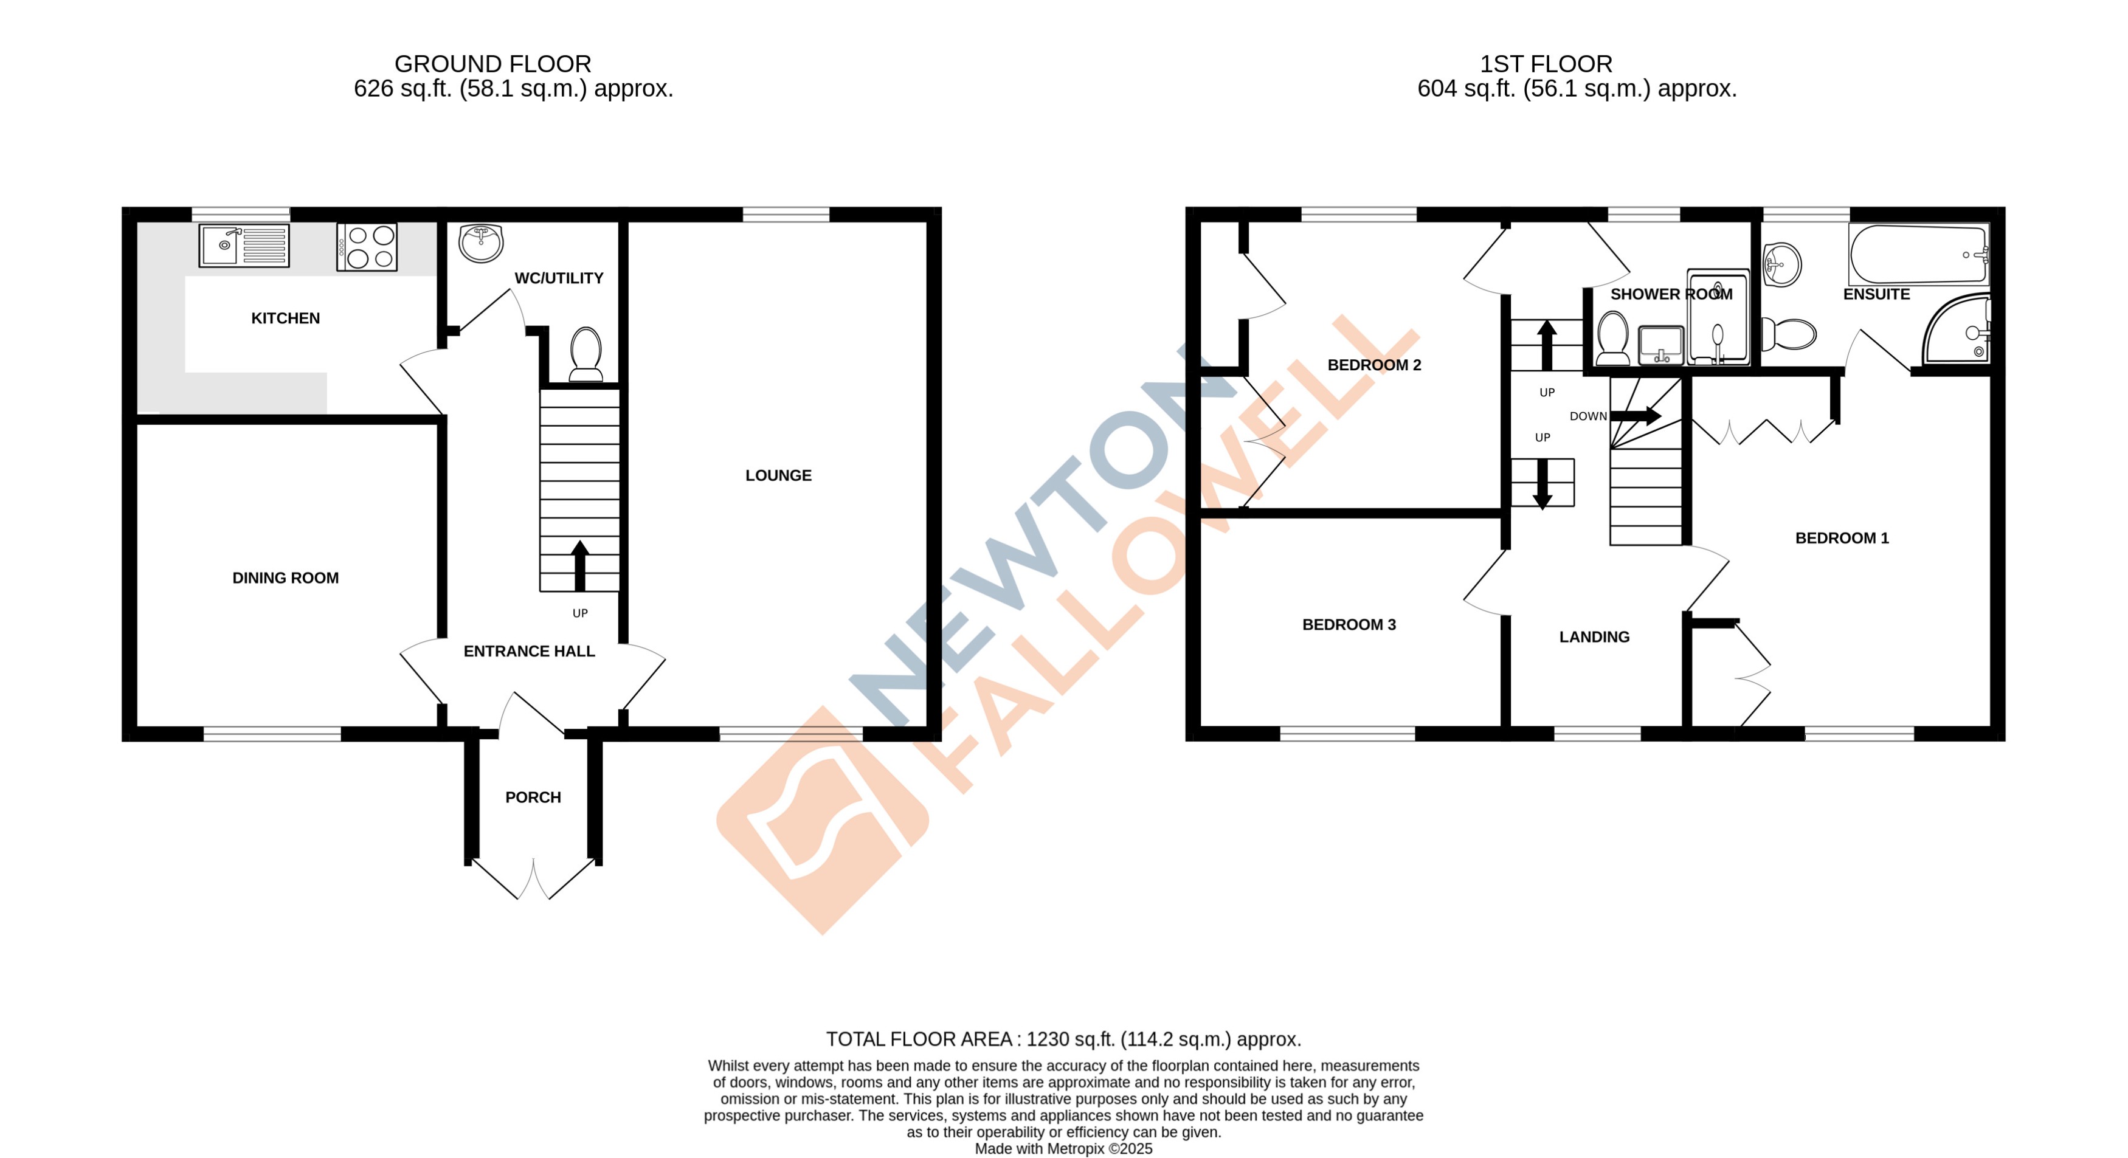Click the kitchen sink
244,246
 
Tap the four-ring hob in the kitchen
367,247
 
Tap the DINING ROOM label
285,578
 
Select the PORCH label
533,797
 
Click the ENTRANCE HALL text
529,651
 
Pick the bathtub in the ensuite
1918,255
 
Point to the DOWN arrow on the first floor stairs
1636,415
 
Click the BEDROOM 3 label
1349,624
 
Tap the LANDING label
1594,637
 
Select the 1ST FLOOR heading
1546,64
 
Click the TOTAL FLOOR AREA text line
1063,1039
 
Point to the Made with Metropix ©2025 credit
1063,1148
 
